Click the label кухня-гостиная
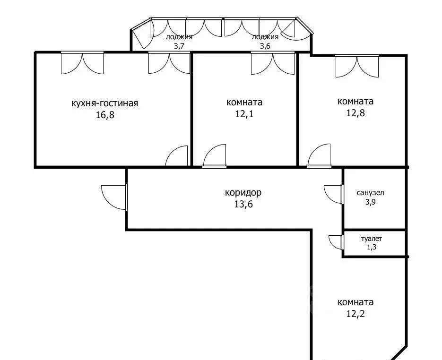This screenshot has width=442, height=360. tap(105, 103)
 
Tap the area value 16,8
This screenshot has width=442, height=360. tap(105, 115)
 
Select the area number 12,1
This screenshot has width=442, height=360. tap(244, 114)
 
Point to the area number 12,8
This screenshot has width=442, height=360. tap(355, 112)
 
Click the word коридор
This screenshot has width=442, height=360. tap(243, 193)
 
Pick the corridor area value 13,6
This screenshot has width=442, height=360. tap(243, 204)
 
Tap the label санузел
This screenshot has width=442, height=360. tap(371, 193)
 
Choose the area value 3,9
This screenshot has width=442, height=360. tap(371, 202)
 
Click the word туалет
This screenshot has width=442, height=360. tap(372, 239)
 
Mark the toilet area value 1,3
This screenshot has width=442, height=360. tap(372, 248)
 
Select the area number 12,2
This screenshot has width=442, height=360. tap(355, 314)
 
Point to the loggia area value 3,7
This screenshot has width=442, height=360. tap(179, 46)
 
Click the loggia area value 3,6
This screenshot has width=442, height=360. tap(265, 46)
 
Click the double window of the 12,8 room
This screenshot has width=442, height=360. tap(357, 67)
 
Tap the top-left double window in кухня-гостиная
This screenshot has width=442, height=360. tap(82, 64)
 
